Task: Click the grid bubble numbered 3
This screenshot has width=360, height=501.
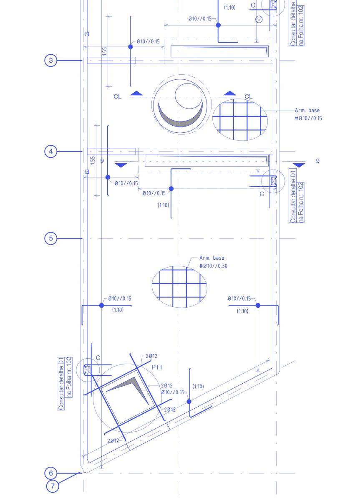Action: (x=51, y=61)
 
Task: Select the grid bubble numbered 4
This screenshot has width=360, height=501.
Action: (x=51, y=152)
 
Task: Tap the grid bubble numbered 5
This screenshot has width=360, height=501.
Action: (x=51, y=238)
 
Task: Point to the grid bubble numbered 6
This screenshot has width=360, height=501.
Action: (x=51, y=473)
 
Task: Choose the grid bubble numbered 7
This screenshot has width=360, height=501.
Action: (x=53, y=486)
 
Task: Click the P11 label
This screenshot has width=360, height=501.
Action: (x=157, y=367)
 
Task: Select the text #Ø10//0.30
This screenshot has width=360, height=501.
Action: (x=213, y=266)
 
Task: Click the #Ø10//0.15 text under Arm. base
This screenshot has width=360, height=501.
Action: (x=308, y=118)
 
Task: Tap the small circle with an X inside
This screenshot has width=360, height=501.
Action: (x=259, y=20)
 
